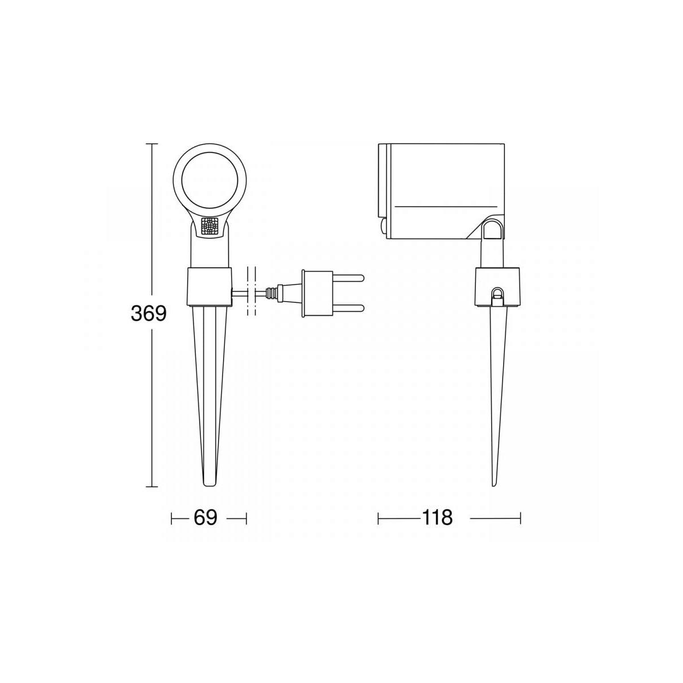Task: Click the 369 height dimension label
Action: pyautogui.click(x=149, y=313)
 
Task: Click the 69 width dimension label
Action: pyautogui.click(x=205, y=518)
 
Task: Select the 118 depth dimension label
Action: pyautogui.click(x=437, y=518)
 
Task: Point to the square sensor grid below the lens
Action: pyautogui.click(x=209, y=226)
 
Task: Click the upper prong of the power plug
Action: pyautogui.click(x=348, y=278)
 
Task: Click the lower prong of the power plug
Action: pyautogui.click(x=348, y=308)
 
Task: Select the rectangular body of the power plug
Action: pyautogui.click(x=317, y=293)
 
